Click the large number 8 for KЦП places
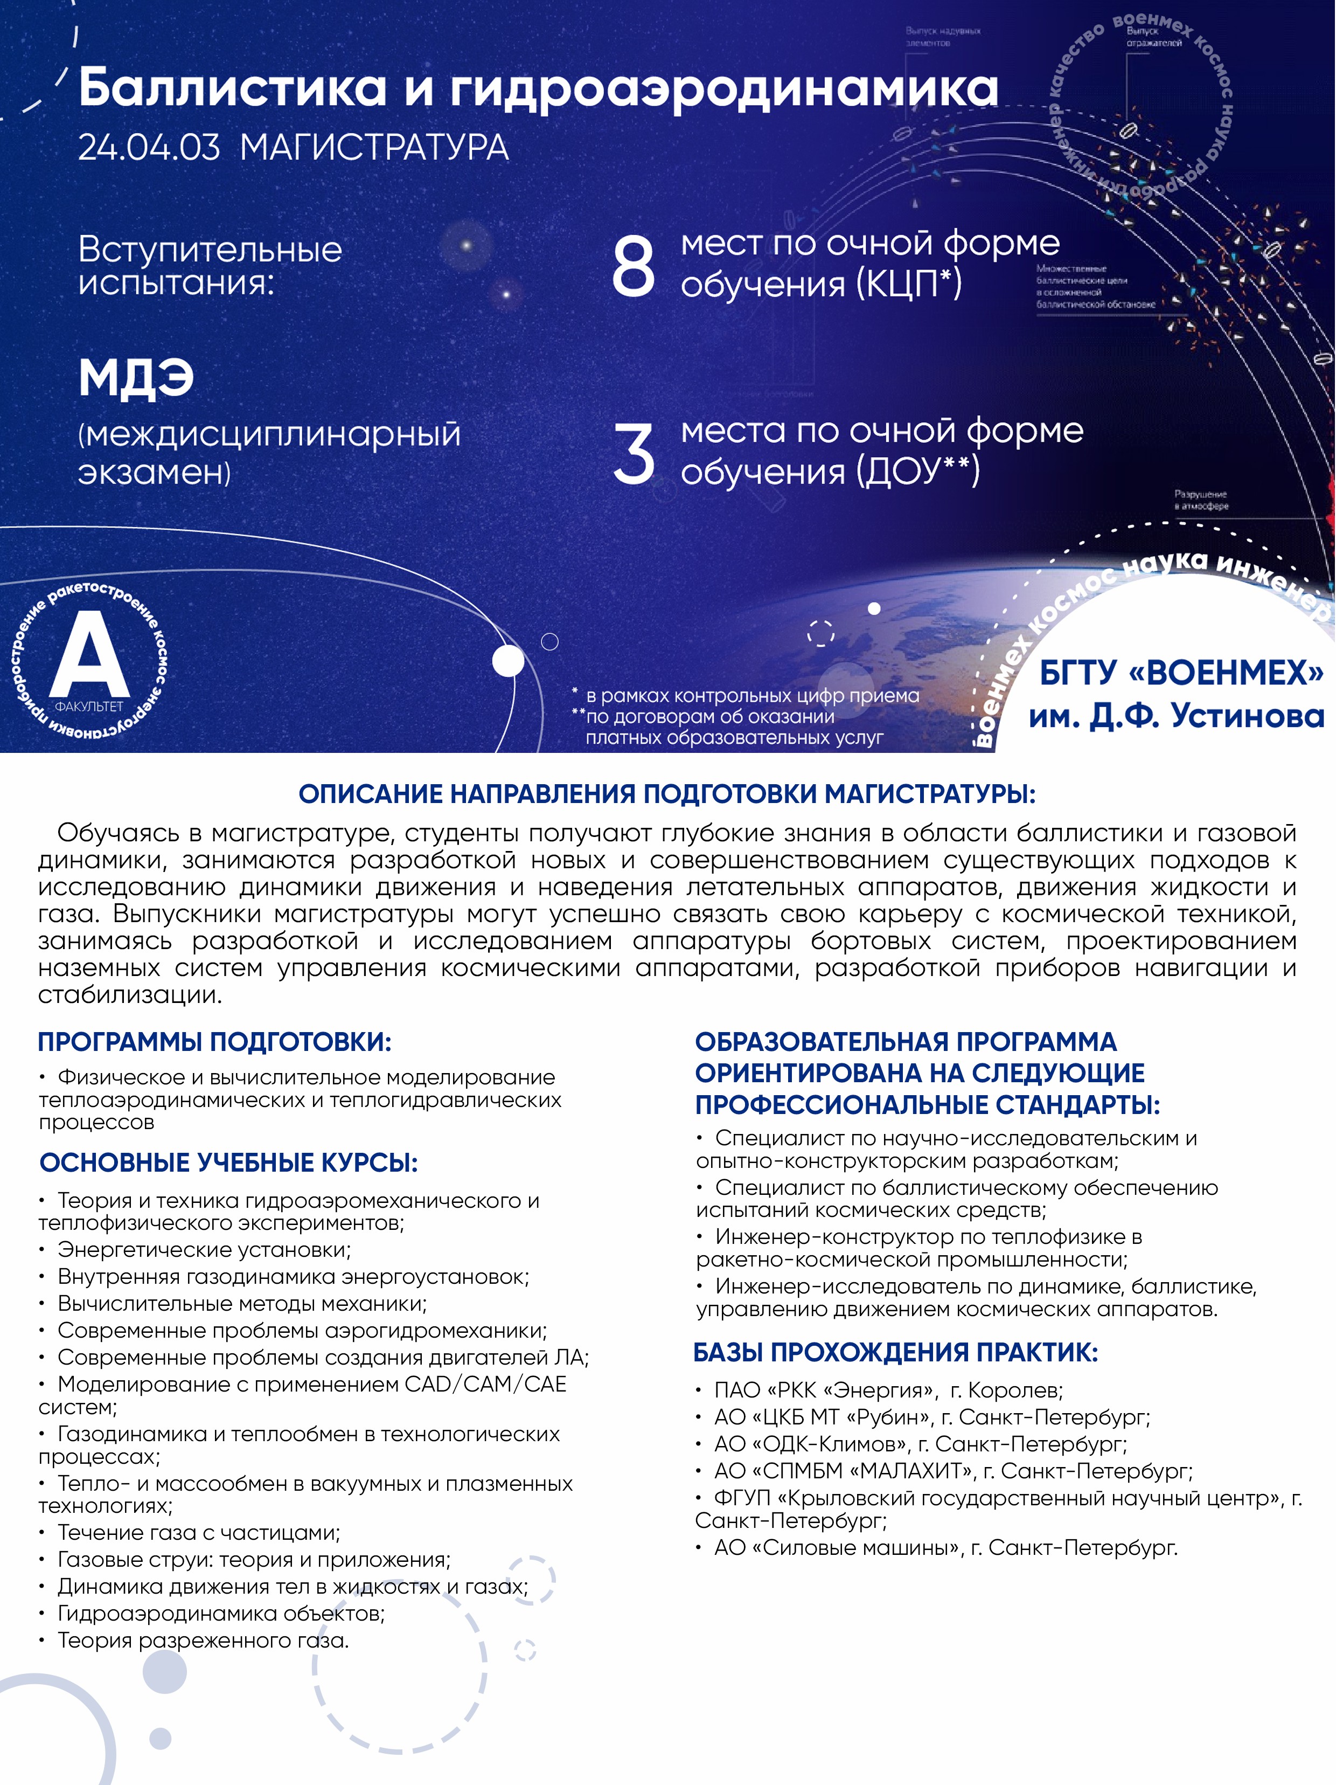(634, 266)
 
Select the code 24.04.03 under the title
(149, 148)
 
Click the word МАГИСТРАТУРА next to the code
(374, 148)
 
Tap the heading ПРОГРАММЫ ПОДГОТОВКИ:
(214, 1042)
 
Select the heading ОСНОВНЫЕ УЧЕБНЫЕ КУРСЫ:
(228, 1163)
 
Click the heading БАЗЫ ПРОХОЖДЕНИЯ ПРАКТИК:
(895, 1352)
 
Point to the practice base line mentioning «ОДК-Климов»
(920, 1444)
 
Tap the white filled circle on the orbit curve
(508, 662)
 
